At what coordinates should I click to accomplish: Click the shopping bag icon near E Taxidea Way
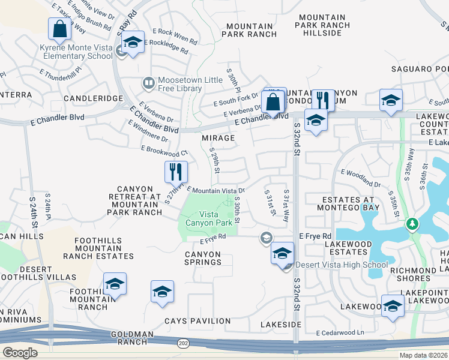(x=60, y=28)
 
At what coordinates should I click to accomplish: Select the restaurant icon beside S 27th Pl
(x=176, y=171)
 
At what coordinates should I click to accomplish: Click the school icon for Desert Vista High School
(x=282, y=253)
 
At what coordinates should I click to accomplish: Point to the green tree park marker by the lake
(x=412, y=224)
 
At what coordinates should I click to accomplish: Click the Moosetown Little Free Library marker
(x=148, y=81)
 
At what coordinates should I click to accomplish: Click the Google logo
(x=20, y=352)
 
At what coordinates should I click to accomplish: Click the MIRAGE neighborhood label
(x=218, y=138)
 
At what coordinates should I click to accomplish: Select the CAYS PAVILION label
(x=189, y=321)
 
